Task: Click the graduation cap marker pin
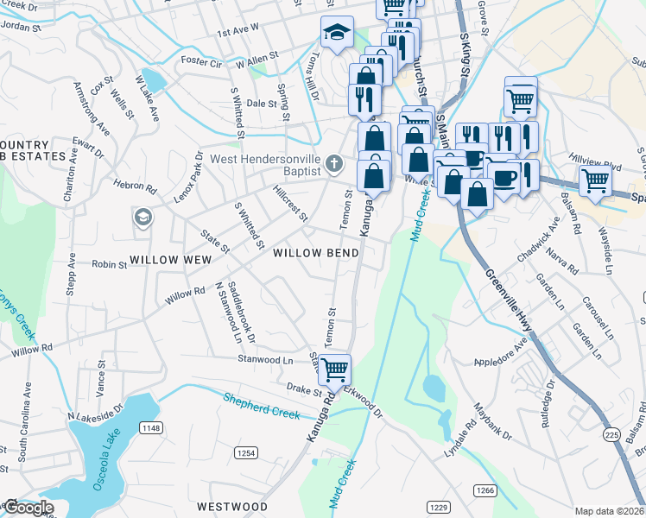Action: pyautogui.click(x=336, y=34)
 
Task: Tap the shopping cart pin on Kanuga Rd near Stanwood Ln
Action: pyautogui.click(x=335, y=370)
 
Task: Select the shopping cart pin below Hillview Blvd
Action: pyautogui.click(x=595, y=181)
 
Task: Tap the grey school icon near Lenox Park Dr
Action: pyautogui.click(x=142, y=218)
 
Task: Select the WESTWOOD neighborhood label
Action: pyautogui.click(x=228, y=506)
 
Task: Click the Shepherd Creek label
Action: pyautogui.click(x=262, y=405)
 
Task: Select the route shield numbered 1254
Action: pyautogui.click(x=247, y=452)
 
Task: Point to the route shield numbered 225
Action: pyautogui.click(x=611, y=433)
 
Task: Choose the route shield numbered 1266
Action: pyautogui.click(x=484, y=490)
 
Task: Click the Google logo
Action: pyautogui.click(x=28, y=508)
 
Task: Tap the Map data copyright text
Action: pyautogui.click(x=609, y=511)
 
